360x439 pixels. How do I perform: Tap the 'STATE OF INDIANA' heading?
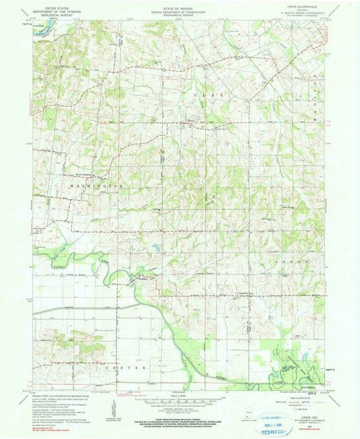pyautogui.click(x=180, y=6)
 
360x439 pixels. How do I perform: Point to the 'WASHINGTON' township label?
pyautogui.click(x=95, y=184)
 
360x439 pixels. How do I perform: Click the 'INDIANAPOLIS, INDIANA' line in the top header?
pyautogui.click(x=180, y=13)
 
